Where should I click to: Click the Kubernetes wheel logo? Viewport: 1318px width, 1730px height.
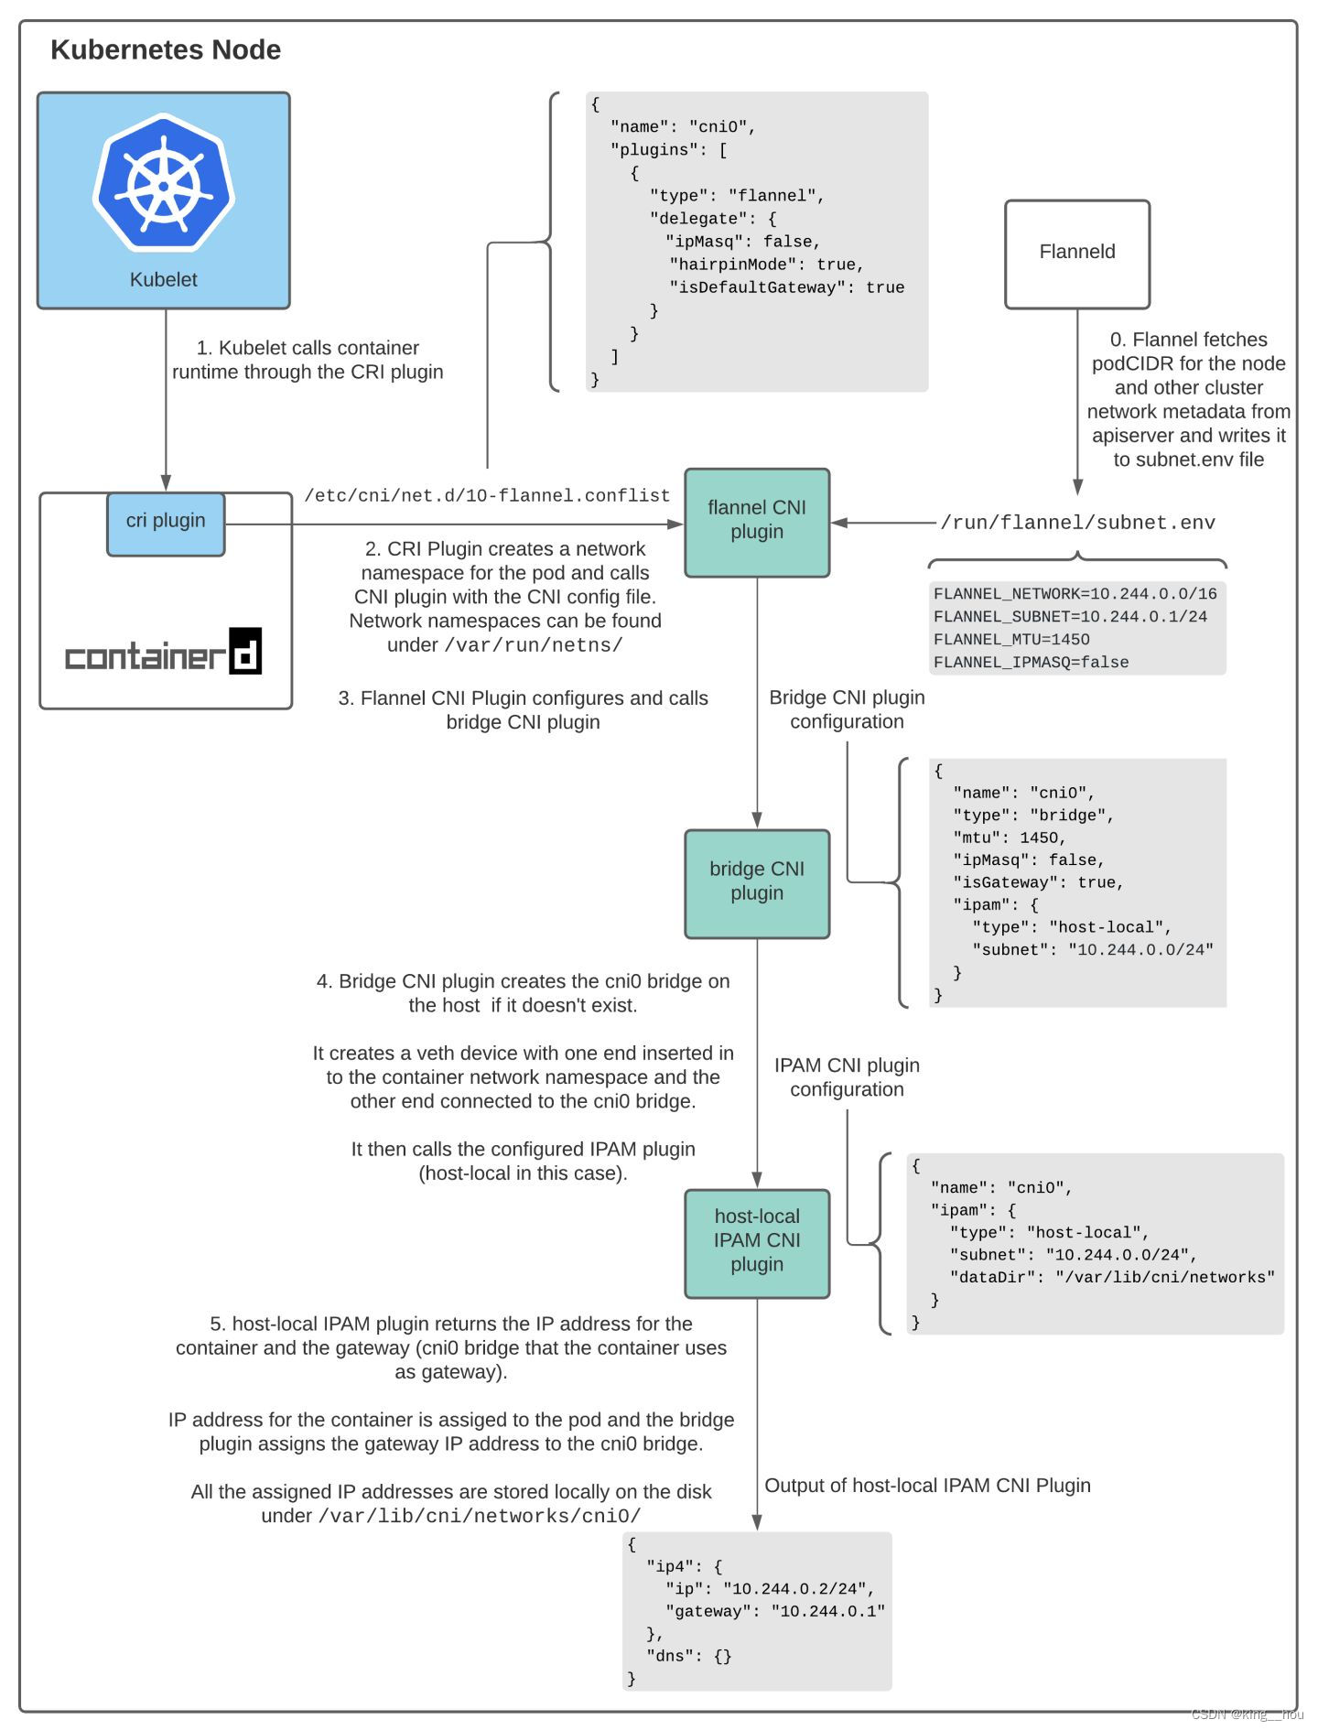164,182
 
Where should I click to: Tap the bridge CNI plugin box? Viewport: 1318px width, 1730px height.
756,882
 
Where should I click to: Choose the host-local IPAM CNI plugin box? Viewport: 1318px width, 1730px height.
756,1242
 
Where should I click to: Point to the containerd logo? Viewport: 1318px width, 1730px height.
164,654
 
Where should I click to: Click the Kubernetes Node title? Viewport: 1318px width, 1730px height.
166,50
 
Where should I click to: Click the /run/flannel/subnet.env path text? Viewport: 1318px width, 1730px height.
1077,524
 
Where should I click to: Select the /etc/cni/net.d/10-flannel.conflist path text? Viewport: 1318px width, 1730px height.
487,496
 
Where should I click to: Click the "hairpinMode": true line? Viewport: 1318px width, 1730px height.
767,265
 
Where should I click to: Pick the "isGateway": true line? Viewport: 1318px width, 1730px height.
1038,882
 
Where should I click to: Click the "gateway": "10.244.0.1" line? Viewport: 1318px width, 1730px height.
774,1611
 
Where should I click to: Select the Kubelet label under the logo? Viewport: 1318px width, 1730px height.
163,280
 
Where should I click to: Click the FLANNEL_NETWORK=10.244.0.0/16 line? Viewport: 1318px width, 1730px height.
1075,594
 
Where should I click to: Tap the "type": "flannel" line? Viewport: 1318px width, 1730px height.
737,196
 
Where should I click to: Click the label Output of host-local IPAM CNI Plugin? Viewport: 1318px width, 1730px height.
926,1486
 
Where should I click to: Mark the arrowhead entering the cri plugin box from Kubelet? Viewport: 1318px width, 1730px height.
166,483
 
